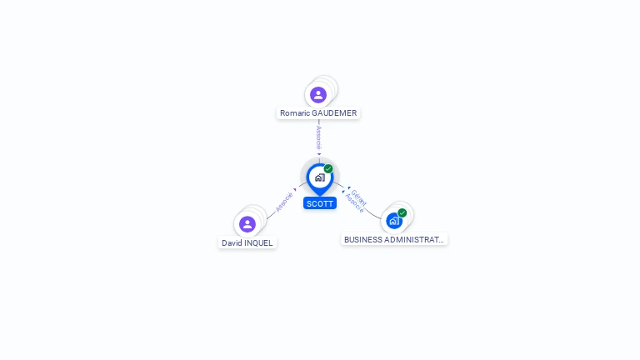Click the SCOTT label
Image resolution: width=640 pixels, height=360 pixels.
[x=319, y=203]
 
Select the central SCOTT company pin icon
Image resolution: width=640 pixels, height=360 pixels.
[x=319, y=177]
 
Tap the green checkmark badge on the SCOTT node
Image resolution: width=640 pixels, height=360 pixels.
[x=328, y=169]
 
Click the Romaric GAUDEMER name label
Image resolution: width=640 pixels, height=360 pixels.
[x=318, y=113]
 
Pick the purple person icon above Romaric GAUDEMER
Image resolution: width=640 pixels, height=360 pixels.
[x=318, y=95]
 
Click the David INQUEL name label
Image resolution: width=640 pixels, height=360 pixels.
[x=247, y=243]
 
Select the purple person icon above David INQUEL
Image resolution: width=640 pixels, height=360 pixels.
[x=247, y=224]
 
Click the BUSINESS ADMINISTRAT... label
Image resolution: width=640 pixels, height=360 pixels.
[x=394, y=239]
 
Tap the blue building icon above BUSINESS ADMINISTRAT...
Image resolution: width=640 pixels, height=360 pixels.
[x=394, y=221]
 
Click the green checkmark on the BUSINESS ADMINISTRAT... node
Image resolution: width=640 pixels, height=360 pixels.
[x=402, y=213]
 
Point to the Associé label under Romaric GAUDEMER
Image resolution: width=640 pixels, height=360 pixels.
[x=318, y=137]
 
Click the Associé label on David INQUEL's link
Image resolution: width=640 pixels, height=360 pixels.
[x=284, y=202]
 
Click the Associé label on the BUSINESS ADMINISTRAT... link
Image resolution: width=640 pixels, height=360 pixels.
[x=354, y=204]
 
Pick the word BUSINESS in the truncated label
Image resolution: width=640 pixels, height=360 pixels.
[x=363, y=239]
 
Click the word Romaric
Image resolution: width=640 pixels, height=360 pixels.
[x=295, y=113]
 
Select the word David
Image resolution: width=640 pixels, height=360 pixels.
[x=231, y=243]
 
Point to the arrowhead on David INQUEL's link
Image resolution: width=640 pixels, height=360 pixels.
[x=295, y=189]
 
